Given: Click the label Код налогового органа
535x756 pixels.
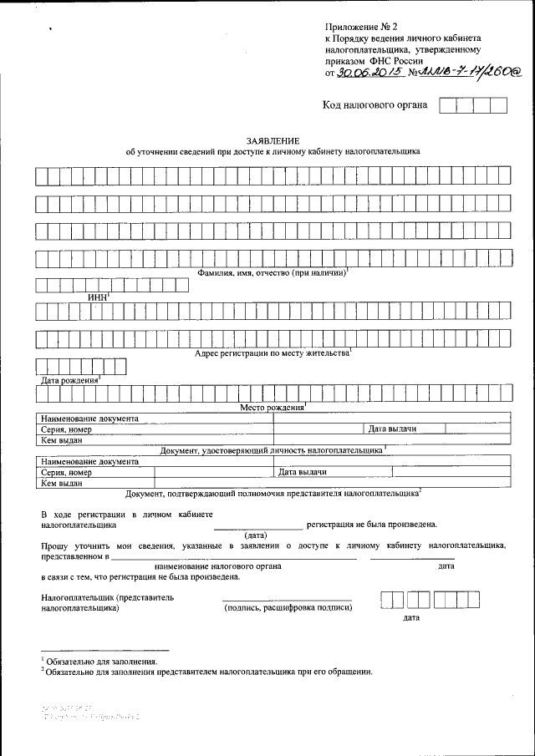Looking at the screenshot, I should click(375, 105).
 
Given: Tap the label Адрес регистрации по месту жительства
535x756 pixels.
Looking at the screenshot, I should click(271, 353).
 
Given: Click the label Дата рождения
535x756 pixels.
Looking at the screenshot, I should click(69, 380).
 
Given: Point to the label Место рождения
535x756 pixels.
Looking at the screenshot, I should click(271, 407).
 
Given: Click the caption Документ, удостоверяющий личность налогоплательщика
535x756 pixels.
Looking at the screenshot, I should click(271, 449).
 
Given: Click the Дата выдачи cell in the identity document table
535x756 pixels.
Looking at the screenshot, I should click(393, 429).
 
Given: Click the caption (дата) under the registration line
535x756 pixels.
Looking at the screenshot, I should click(256, 535).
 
